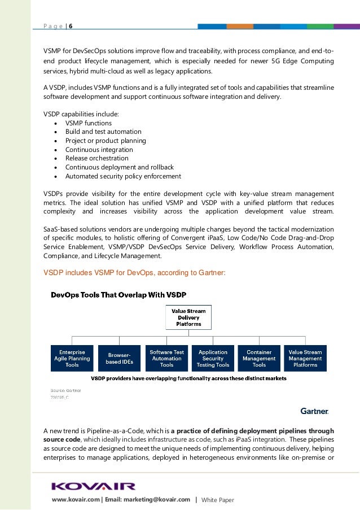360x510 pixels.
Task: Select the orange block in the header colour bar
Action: tap(240, 26)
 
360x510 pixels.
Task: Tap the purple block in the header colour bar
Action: tap(346, 26)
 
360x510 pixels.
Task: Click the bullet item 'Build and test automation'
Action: tap(95, 132)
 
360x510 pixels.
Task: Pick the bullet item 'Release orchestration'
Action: tap(96, 159)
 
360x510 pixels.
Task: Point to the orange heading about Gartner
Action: tap(135, 272)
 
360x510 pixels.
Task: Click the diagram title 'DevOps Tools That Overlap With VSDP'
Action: tap(118, 295)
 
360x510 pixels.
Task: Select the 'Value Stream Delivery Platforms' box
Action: tap(189, 317)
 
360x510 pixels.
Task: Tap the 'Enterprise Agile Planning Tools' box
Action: tap(72, 358)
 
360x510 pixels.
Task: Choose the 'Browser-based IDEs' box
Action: tap(120, 358)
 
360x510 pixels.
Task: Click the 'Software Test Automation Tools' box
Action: tap(166, 358)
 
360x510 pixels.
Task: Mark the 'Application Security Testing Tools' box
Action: tap(213, 358)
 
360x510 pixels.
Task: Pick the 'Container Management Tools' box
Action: tap(259, 358)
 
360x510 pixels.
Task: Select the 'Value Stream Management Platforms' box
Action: tap(305, 358)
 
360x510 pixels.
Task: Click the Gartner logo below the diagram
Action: tap(314, 411)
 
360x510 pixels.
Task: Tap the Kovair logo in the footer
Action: tap(94, 486)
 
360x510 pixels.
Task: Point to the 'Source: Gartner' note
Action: tap(65, 390)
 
